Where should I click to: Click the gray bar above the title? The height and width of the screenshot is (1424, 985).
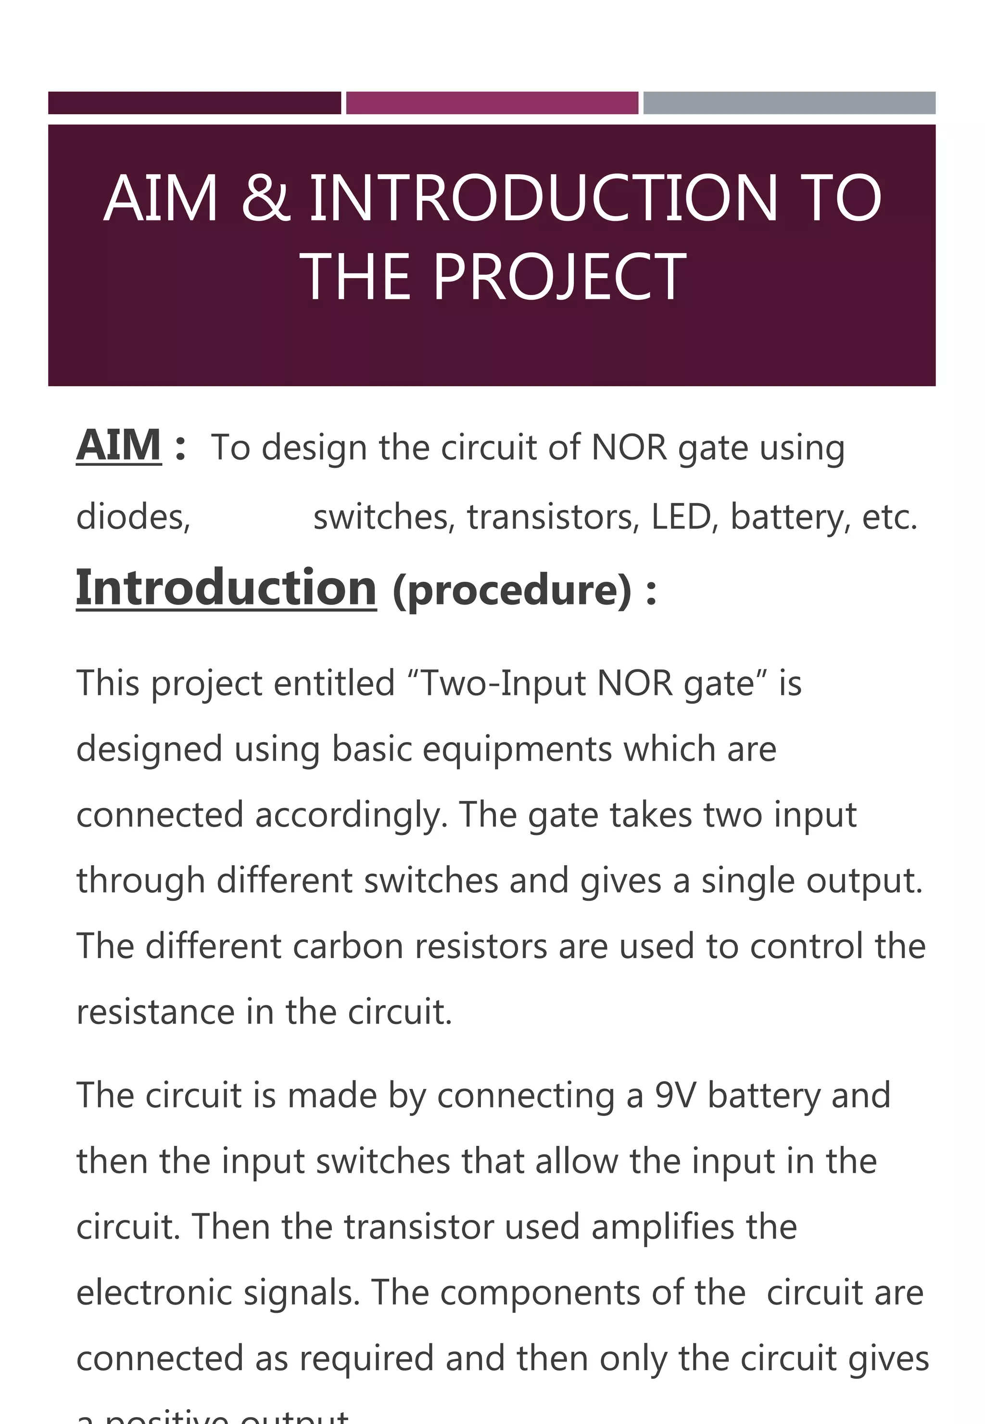[x=789, y=103]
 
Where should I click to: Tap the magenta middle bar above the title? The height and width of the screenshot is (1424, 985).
[x=492, y=103]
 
